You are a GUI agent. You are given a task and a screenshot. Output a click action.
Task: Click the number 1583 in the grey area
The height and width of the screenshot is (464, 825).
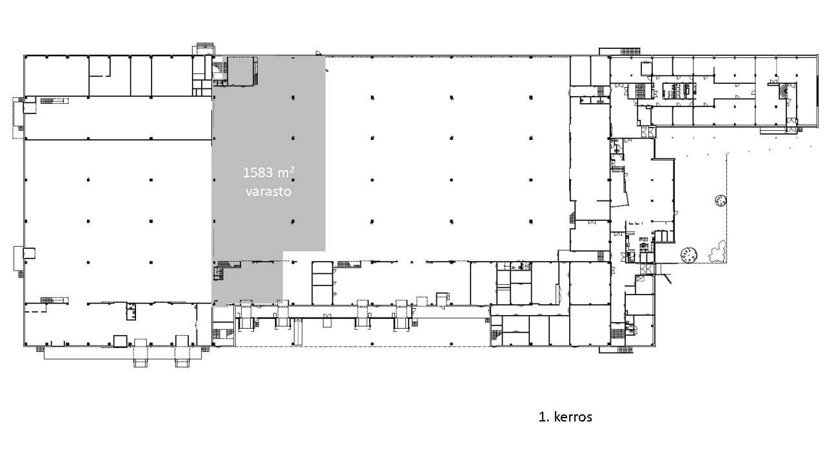click(257, 173)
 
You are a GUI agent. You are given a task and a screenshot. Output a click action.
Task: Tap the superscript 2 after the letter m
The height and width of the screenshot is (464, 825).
click(292, 169)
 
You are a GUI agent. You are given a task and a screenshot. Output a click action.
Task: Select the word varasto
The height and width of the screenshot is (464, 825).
click(269, 191)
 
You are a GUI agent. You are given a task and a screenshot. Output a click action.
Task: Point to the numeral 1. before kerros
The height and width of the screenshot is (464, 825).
click(543, 417)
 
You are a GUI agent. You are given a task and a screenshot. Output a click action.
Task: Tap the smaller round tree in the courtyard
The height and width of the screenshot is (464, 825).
click(721, 201)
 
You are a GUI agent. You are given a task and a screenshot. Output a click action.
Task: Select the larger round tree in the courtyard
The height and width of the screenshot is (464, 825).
click(688, 255)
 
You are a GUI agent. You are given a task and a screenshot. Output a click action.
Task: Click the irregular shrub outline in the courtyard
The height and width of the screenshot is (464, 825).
click(717, 252)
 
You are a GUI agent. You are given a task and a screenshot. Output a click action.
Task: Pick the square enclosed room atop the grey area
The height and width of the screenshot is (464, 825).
click(242, 71)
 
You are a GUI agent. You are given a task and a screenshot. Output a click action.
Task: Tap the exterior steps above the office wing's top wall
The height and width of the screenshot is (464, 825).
click(630, 52)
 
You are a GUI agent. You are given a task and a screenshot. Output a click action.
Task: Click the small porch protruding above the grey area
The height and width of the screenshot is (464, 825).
click(203, 49)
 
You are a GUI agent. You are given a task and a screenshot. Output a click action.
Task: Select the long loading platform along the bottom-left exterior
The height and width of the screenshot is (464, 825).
click(122, 353)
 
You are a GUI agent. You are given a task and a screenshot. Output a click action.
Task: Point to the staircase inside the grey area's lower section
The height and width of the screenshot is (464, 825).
click(229, 264)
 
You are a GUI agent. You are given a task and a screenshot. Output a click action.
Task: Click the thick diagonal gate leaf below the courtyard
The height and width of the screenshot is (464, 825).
click(667, 278)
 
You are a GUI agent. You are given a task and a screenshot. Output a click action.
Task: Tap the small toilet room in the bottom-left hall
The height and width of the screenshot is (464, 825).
click(131, 311)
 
